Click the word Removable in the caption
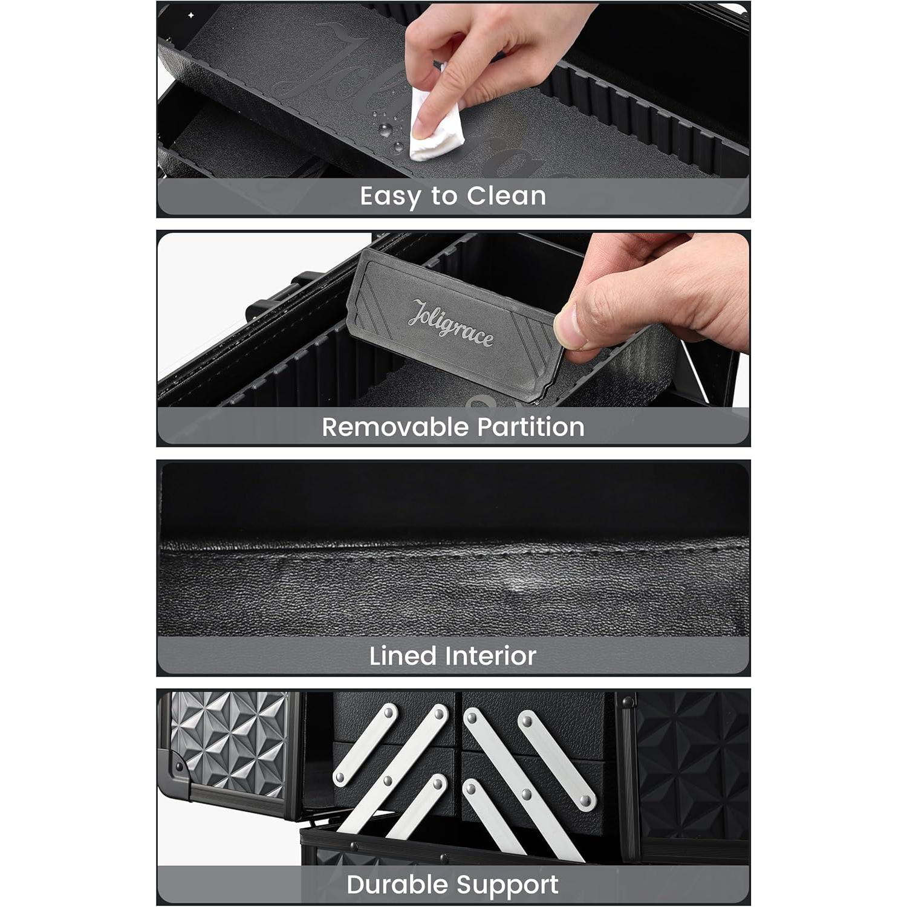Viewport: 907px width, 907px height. (x=394, y=427)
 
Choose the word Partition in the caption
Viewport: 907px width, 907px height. (x=530, y=427)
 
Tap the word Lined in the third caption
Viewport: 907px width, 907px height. (x=403, y=656)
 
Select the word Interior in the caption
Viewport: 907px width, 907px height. (x=491, y=656)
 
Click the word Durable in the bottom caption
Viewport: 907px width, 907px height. (x=398, y=885)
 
